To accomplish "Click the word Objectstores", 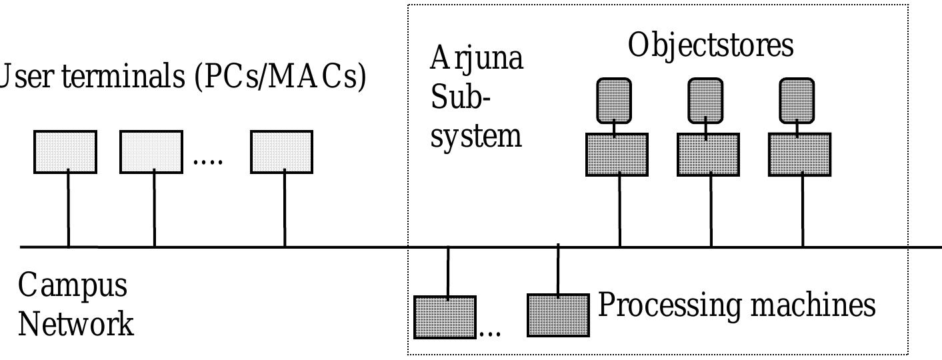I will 711,46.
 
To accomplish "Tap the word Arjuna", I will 477,59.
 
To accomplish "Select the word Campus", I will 72,285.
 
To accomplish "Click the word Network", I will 75,324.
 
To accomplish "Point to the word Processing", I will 669,305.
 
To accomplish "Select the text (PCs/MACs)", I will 280,77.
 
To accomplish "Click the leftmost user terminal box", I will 65,152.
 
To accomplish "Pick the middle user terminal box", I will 151,152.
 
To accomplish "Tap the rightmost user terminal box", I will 281,152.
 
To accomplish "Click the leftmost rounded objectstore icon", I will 613,100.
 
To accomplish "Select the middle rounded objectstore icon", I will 705,100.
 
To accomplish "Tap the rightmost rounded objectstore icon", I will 797,100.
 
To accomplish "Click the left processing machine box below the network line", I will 445,317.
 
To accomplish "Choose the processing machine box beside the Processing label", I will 559,315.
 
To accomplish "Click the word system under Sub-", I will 475,136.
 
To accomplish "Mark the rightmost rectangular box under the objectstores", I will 799,155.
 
